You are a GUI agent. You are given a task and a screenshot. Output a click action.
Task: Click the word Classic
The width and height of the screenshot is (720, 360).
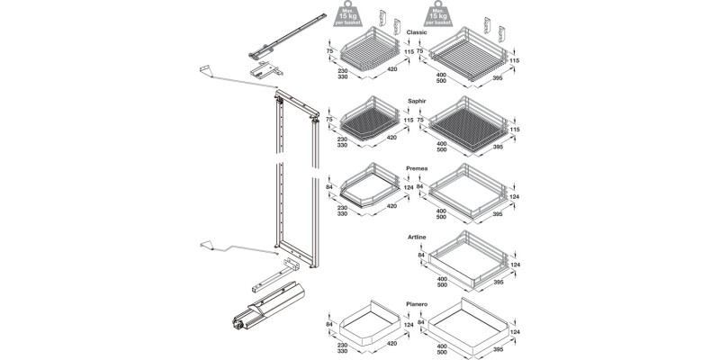417,32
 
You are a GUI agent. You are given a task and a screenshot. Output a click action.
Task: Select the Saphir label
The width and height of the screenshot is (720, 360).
416,101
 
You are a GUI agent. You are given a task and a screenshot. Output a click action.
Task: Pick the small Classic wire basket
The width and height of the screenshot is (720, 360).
368,55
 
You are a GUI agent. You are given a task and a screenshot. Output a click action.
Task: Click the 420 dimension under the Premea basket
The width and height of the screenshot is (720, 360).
391,205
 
